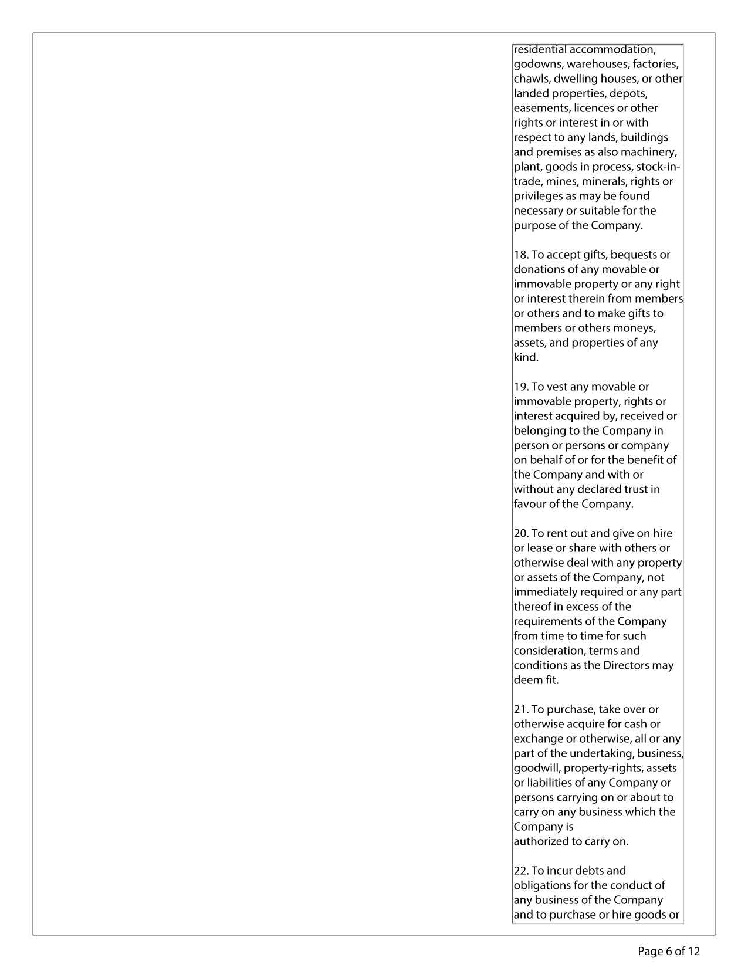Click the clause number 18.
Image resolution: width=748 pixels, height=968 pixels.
point(520,255)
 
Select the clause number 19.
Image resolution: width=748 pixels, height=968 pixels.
point(520,387)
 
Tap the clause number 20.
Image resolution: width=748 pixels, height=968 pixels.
point(521,534)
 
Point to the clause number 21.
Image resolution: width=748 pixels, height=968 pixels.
point(521,710)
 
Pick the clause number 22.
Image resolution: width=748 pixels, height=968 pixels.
point(521,871)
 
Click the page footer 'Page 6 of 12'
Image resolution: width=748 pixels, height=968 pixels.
point(669,951)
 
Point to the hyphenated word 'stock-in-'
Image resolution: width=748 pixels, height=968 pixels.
point(658,167)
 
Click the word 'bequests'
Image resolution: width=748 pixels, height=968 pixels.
point(633,255)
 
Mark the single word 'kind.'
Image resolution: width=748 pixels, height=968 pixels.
point(526,358)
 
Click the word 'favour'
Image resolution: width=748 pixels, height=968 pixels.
point(530,505)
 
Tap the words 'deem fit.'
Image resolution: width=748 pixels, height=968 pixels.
point(536,681)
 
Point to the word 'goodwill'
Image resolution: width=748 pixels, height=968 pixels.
point(536,769)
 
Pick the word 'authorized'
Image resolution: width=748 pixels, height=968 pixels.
point(540,842)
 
